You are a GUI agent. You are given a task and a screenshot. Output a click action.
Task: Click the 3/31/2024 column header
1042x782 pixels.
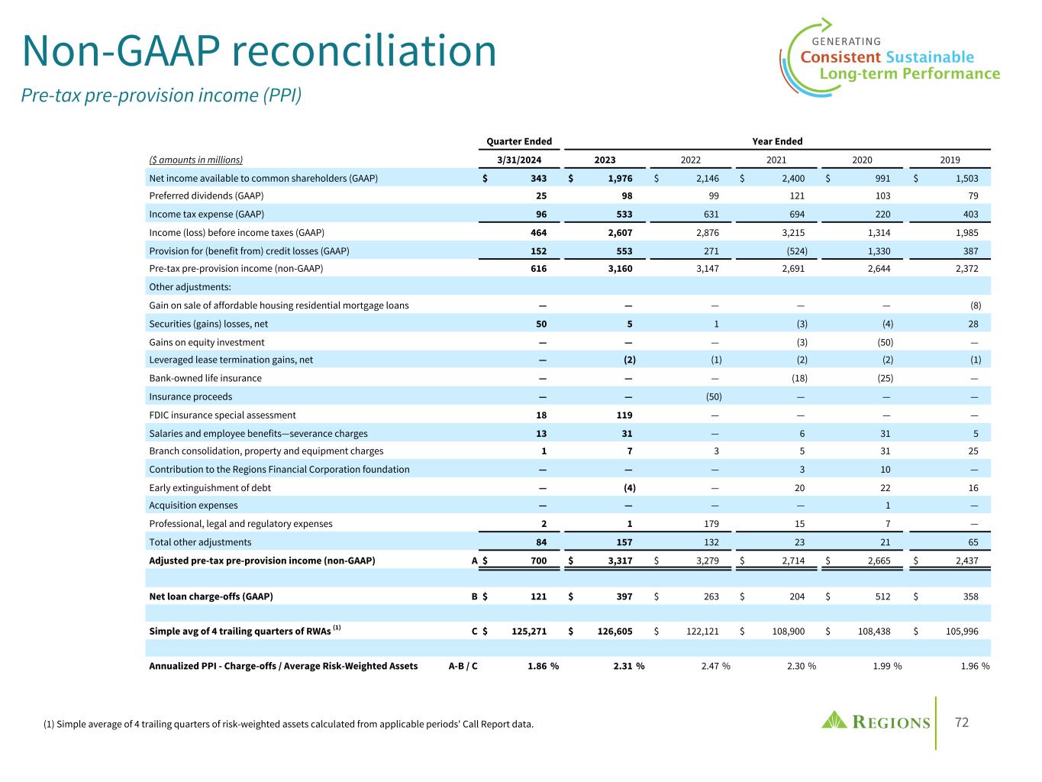point(519,160)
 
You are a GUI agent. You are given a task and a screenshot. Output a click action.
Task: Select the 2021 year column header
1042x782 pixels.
point(776,160)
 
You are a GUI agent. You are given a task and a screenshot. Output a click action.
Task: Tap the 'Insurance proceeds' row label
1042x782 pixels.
point(190,396)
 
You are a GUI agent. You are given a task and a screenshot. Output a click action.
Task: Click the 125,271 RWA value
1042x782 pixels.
point(526,632)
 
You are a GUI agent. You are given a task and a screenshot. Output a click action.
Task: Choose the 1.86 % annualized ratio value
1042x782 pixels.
point(542,666)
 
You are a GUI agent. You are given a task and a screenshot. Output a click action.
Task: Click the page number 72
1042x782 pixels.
point(963,722)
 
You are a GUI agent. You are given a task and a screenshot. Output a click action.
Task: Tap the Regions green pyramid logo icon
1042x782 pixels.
point(835,720)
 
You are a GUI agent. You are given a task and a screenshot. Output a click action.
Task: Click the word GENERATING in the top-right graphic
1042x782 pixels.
point(846,41)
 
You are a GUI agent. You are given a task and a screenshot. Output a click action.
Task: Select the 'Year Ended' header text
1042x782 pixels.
point(777,141)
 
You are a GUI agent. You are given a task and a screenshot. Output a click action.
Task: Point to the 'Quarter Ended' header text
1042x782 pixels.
point(519,141)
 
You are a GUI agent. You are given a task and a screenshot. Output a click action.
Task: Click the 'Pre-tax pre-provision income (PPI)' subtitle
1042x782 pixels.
point(162,95)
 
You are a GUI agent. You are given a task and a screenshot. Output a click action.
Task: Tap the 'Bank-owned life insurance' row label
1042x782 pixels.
point(205,378)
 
